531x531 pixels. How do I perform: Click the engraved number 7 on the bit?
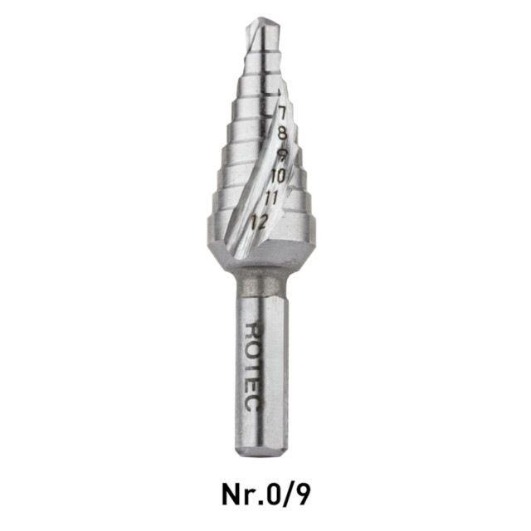(x=281, y=111)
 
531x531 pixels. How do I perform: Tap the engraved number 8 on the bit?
(x=282, y=133)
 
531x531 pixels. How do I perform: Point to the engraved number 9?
(x=282, y=155)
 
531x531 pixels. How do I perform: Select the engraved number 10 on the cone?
(x=279, y=176)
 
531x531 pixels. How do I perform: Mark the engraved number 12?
(x=259, y=222)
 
